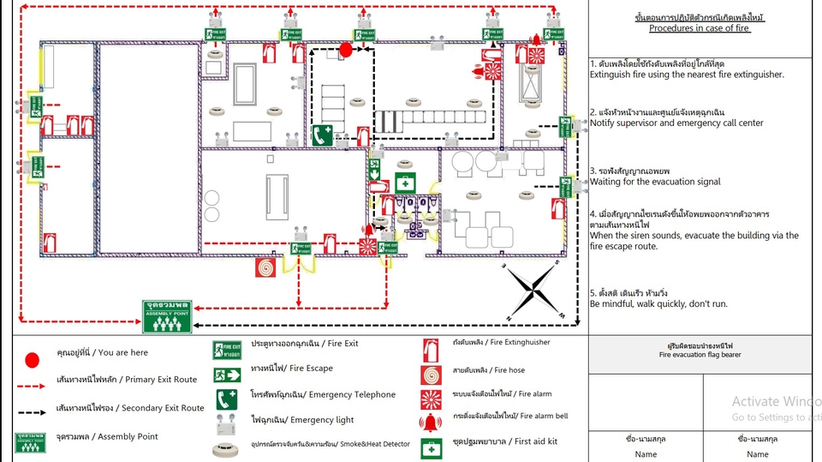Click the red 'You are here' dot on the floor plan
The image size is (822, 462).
[x=346, y=50]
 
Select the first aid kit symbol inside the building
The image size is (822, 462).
[x=404, y=183]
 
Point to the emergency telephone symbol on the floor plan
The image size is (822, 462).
[x=322, y=135]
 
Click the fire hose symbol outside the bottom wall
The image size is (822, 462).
[x=265, y=267]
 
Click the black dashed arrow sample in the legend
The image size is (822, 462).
[x=31, y=411]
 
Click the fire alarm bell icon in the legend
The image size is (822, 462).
[x=430, y=421]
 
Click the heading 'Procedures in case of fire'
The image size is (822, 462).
[x=699, y=28]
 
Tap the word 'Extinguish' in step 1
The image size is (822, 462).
[x=609, y=75]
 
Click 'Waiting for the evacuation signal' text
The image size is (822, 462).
[x=655, y=182]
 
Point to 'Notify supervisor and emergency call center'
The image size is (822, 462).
[x=676, y=123]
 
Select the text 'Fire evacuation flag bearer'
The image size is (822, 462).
[x=700, y=354]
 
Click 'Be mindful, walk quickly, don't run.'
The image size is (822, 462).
[x=658, y=304]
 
